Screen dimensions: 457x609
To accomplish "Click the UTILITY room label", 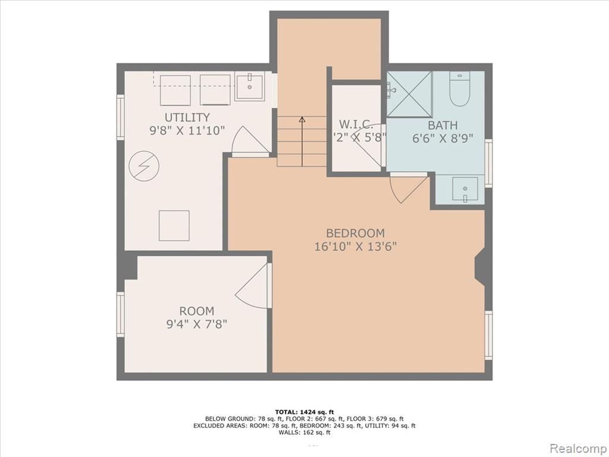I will pos(187,117).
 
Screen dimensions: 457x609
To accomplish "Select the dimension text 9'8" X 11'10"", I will pos(187,130).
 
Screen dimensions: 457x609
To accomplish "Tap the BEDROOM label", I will pos(355,233).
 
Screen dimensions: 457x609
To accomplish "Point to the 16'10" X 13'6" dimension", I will pos(355,246).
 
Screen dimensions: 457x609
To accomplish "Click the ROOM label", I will pos(197,311).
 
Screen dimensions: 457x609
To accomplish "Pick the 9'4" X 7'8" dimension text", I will pos(197,324).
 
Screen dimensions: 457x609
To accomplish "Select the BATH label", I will pos(443,126).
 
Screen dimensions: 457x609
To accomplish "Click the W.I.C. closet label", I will pos(356,124).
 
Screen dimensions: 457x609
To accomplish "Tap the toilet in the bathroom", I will pos(460,89).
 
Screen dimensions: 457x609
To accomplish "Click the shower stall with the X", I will pos(409,94).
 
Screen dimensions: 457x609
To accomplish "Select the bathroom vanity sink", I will pos(463,190).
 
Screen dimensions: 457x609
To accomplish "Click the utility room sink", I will pos(250,87).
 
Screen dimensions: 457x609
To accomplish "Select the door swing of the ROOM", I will pos(253,287).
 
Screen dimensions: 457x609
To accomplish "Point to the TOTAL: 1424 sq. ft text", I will pos(304,412).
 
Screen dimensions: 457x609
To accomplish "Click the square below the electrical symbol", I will pos(174,226).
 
